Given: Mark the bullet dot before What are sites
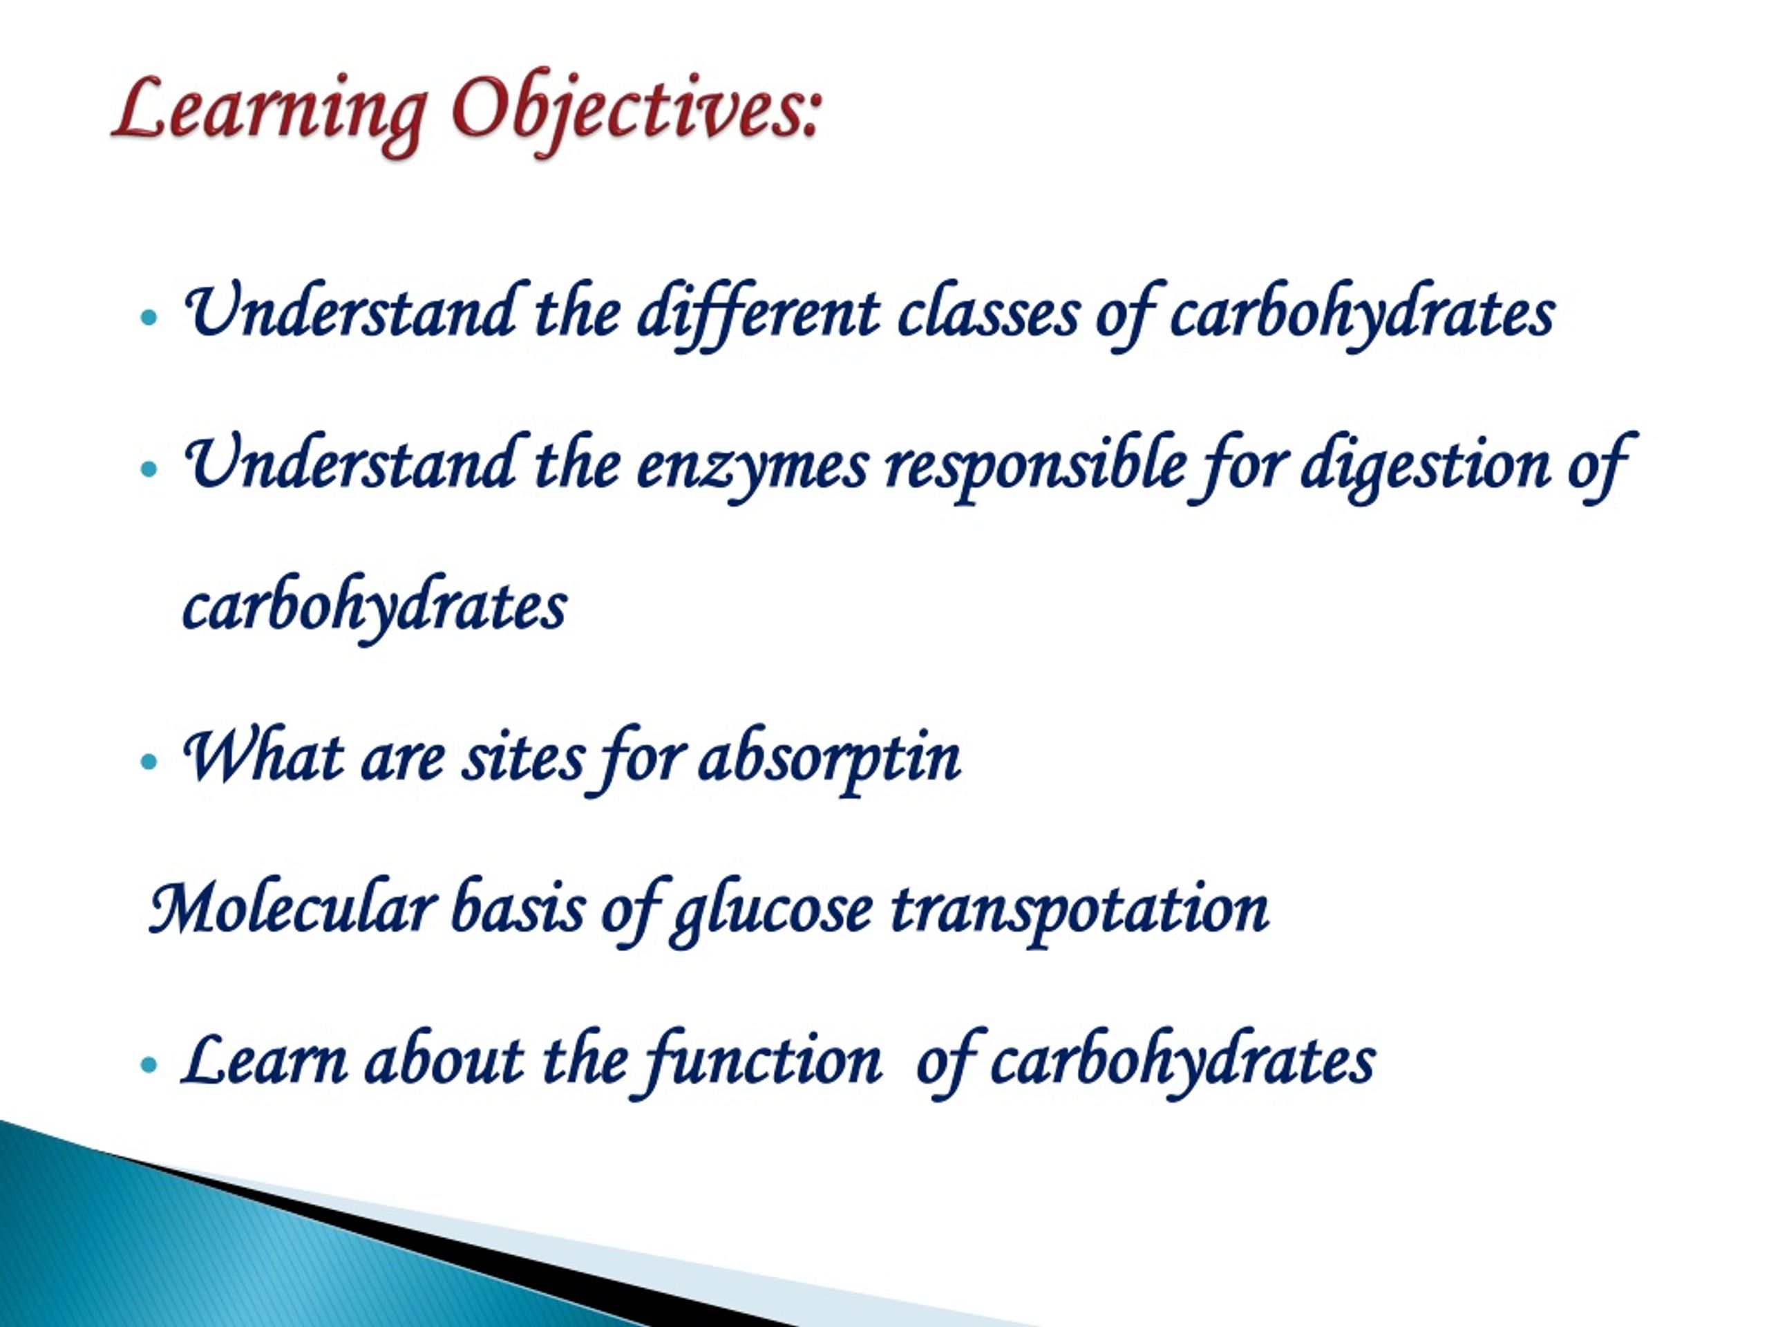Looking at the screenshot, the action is (x=149, y=761).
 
